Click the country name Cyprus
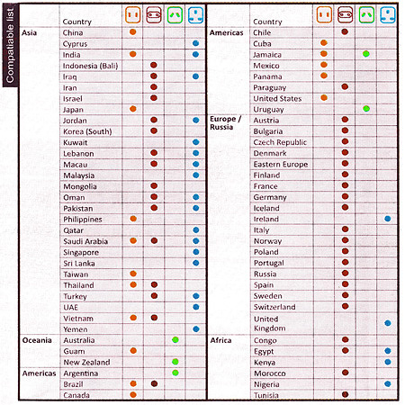[x=75, y=44]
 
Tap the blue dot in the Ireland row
[x=388, y=219]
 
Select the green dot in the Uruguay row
[x=366, y=109]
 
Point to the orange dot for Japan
[x=133, y=109]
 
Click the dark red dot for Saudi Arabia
[x=154, y=240]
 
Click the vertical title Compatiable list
[x=10, y=45]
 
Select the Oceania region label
[x=37, y=340]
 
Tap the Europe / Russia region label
[x=225, y=123]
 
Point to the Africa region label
[x=220, y=340]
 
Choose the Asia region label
[x=29, y=32]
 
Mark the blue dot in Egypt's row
[x=388, y=351]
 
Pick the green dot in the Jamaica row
[x=365, y=54]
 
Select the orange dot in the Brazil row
[x=133, y=383]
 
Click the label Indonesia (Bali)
[x=90, y=66]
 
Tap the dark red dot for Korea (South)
[x=154, y=130]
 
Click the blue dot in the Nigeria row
[x=388, y=383]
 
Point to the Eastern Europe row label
[x=281, y=165]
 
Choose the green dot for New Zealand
[x=175, y=362]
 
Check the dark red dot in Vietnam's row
[x=154, y=318]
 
